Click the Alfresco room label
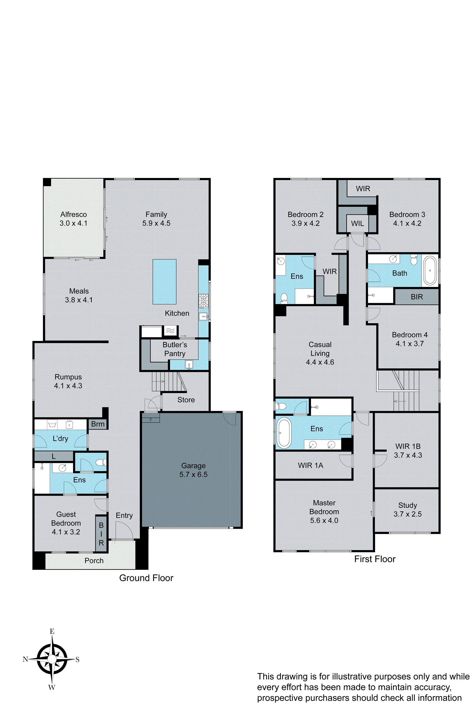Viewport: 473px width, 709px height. point(73,214)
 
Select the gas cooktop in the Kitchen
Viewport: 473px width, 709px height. point(203,301)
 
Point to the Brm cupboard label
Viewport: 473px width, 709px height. point(98,424)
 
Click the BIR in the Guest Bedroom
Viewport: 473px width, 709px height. point(101,534)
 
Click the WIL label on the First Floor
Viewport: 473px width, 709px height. point(357,223)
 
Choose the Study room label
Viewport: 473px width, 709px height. point(407,505)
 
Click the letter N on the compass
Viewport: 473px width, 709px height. point(25,659)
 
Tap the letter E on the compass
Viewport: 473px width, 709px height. point(52,631)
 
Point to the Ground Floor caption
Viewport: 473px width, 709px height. point(146,578)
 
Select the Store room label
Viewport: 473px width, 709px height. point(186,400)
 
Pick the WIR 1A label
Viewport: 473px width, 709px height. point(310,465)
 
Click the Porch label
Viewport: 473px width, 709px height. point(94,561)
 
